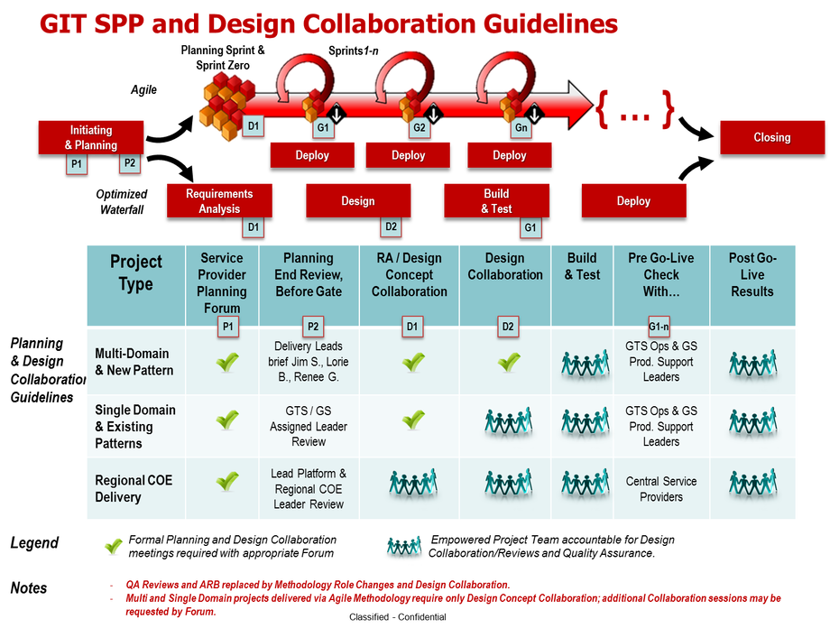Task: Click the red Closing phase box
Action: coord(771,137)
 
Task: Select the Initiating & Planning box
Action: coord(90,137)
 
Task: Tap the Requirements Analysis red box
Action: coord(219,200)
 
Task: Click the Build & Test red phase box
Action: coord(496,200)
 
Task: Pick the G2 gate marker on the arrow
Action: coord(419,128)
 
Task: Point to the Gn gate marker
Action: coord(521,128)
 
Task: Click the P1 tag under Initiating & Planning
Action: coord(77,164)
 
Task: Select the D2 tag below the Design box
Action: coord(391,226)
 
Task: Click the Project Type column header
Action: coord(135,272)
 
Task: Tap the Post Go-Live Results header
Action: coord(752,274)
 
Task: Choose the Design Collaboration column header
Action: coord(505,266)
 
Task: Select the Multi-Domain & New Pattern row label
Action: coord(134,362)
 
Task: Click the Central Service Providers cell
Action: coord(661,489)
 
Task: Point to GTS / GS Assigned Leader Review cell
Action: coord(309,426)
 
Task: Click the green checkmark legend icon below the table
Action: coord(114,545)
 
